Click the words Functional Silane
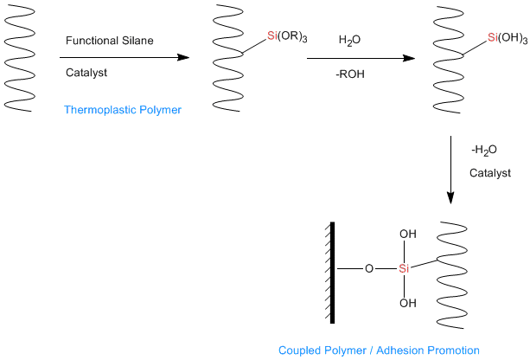click(x=109, y=41)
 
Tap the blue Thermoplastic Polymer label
click(x=123, y=110)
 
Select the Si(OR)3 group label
click(x=287, y=36)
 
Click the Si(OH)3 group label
click(x=508, y=38)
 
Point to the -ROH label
click(x=350, y=74)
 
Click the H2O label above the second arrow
click(x=349, y=41)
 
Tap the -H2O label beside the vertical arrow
click(x=484, y=150)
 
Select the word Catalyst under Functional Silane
click(x=86, y=73)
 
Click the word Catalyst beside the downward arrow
click(x=490, y=173)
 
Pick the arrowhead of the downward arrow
click(x=450, y=198)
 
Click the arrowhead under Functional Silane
click(x=183, y=57)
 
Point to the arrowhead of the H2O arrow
click(x=409, y=59)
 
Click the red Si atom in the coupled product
click(x=404, y=268)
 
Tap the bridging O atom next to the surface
click(x=369, y=268)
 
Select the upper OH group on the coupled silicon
click(x=408, y=235)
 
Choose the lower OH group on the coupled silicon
click(x=408, y=303)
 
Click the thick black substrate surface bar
click(x=332, y=273)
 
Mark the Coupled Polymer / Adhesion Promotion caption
click(x=379, y=350)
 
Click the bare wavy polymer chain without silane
click(x=19, y=58)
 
